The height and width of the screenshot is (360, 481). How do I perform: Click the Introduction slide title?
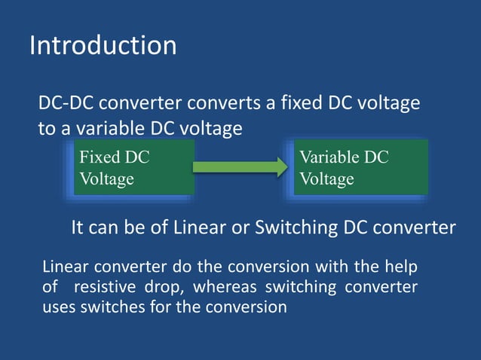point(103,45)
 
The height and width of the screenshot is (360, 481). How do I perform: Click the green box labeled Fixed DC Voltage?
point(133,168)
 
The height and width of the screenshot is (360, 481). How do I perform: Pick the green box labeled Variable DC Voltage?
point(360,168)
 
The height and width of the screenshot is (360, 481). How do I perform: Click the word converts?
point(219,102)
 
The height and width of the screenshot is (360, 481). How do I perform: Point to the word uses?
point(58,307)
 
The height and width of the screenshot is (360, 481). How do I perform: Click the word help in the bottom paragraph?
point(401,267)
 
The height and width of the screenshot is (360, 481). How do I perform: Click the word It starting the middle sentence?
point(78,227)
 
